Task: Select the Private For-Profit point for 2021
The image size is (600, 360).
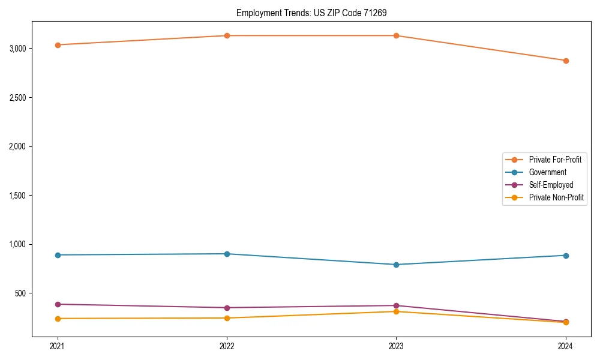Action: click(x=58, y=45)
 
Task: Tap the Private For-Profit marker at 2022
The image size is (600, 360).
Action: click(x=227, y=35)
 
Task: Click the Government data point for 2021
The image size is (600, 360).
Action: click(x=58, y=255)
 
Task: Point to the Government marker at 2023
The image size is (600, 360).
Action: click(x=396, y=265)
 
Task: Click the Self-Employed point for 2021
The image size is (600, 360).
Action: click(x=58, y=304)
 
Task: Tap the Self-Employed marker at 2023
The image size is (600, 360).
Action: click(x=396, y=306)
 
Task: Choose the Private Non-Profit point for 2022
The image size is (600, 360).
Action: click(x=227, y=318)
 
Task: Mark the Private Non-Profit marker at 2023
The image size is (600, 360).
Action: click(x=396, y=311)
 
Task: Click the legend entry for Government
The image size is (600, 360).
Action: click(x=547, y=172)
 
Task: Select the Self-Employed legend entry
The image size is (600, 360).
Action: click(x=551, y=185)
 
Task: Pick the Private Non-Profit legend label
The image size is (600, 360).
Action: click(x=556, y=197)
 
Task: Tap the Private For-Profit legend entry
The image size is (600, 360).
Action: click(x=555, y=160)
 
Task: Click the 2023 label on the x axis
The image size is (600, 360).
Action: click(x=396, y=346)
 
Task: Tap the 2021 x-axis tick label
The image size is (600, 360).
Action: click(x=58, y=346)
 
